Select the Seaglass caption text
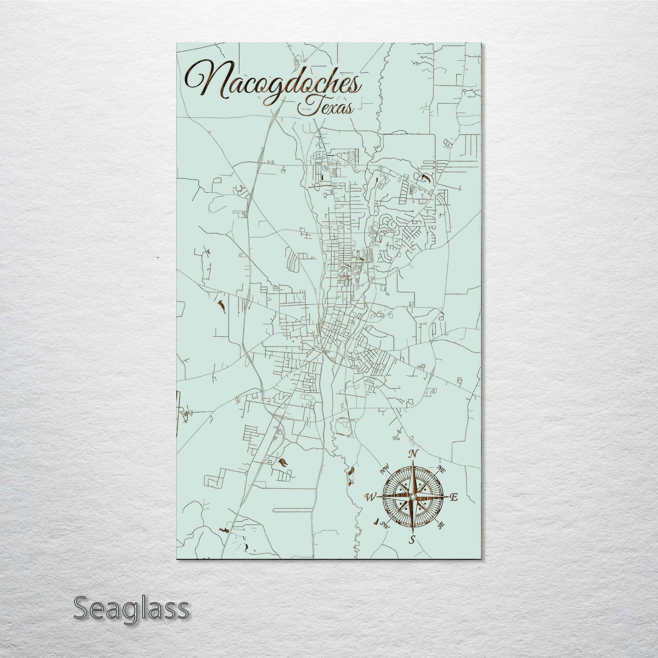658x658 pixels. (x=131, y=608)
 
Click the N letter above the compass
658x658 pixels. (x=413, y=454)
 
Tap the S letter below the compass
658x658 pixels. (x=413, y=540)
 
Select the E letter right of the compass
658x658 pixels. (x=454, y=498)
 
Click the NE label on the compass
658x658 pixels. (x=440, y=469)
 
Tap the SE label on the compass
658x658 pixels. (x=441, y=525)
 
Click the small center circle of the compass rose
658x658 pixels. (x=413, y=497)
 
